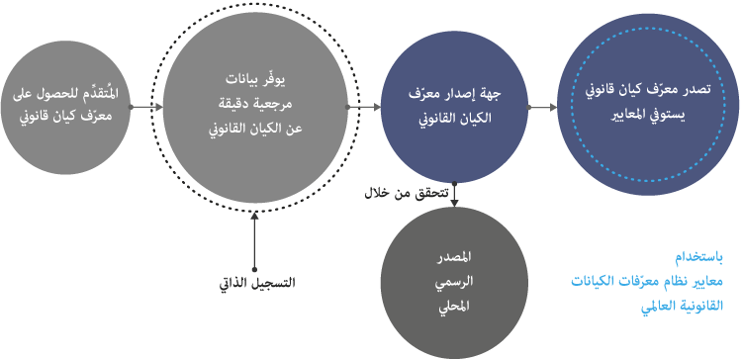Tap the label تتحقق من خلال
click(x=406, y=194)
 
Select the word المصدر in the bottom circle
click(x=454, y=258)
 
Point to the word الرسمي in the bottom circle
click(x=454, y=283)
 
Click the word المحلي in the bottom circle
click(x=454, y=307)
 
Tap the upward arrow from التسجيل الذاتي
click(x=254, y=240)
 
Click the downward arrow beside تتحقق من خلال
click(x=454, y=195)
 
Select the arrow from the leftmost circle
click(x=146, y=107)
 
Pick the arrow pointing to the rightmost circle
click(x=542, y=107)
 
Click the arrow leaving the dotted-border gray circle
click(x=364, y=107)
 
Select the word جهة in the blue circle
click(x=491, y=94)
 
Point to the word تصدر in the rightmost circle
click(x=698, y=90)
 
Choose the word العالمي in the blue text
click(x=662, y=307)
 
